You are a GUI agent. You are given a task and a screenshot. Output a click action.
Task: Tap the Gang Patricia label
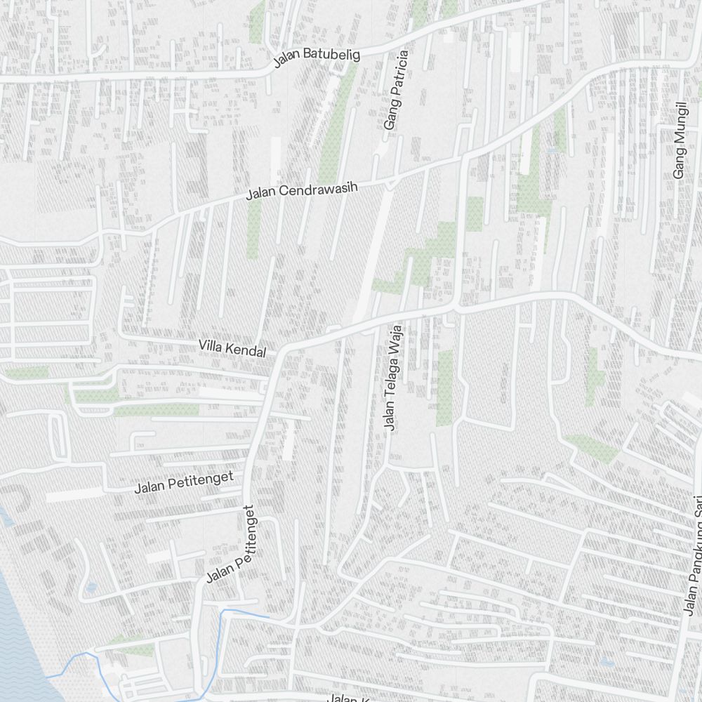[x=396, y=89]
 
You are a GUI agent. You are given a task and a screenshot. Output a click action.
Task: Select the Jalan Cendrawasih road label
[x=302, y=190]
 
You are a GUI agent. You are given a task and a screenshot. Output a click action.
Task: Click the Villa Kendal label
[x=232, y=348]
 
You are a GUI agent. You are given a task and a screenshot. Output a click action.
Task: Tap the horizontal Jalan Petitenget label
[x=184, y=482]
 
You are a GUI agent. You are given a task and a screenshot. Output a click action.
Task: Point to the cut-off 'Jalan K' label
[x=349, y=698]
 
